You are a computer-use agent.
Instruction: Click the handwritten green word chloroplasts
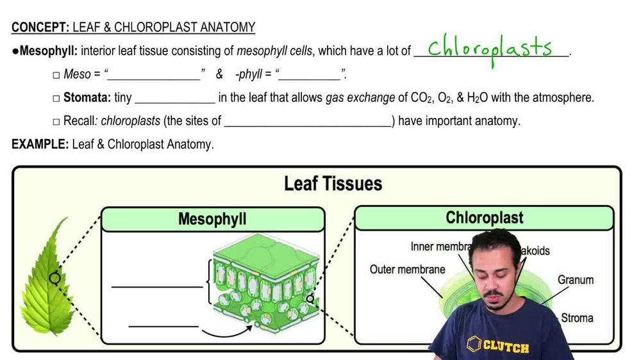(490, 49)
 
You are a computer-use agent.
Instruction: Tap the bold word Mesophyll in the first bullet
(48, 51)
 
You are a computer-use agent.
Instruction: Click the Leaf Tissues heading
(333, 184)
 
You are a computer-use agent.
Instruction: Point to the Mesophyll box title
(212, 219)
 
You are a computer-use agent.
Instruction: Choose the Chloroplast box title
(484, 218)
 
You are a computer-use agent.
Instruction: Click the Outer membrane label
(407, 269)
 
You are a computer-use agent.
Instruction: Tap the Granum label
(575, 280)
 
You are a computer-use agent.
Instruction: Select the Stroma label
(577, 318)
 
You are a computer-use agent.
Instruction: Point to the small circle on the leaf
(54, 278)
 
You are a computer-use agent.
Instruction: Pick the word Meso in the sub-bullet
(77, 74)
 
